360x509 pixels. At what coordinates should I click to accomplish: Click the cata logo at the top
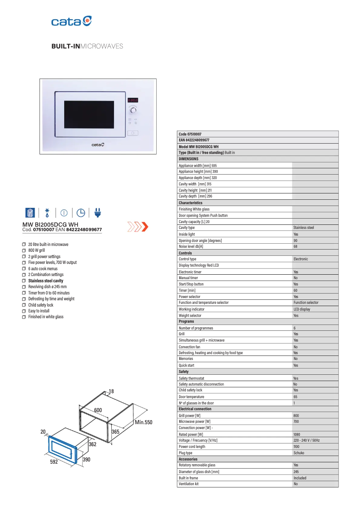click(71, 22)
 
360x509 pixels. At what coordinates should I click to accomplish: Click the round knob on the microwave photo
click(133, 110)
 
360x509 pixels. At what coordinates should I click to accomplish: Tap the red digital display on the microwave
click(133, 100)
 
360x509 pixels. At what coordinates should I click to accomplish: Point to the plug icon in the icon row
click(98, 212)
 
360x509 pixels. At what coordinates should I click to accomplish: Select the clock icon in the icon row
click(81, 212)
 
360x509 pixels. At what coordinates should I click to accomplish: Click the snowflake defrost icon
click(47, 212)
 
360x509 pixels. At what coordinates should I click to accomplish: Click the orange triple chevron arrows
click(137, 227)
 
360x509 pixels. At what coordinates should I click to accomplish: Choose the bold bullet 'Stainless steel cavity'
click(46, 281)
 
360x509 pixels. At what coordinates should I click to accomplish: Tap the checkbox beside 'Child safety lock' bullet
click(24, 305)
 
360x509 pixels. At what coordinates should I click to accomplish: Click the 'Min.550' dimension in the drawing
click(143, 422)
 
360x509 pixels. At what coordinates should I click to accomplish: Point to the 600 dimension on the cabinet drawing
click(98, 410)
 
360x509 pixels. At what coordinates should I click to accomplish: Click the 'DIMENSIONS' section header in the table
click(189, 159)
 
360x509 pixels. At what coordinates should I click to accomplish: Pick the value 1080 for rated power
click(298, 434)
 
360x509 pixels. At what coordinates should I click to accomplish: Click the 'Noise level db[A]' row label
click(191, 246)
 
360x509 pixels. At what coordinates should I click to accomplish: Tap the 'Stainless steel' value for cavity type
click(303, 228)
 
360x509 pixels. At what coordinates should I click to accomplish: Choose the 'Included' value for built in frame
click(300, 478)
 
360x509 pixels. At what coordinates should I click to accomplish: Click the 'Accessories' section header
click(188, 459)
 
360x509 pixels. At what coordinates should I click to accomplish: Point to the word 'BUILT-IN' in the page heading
click(65, 47)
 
